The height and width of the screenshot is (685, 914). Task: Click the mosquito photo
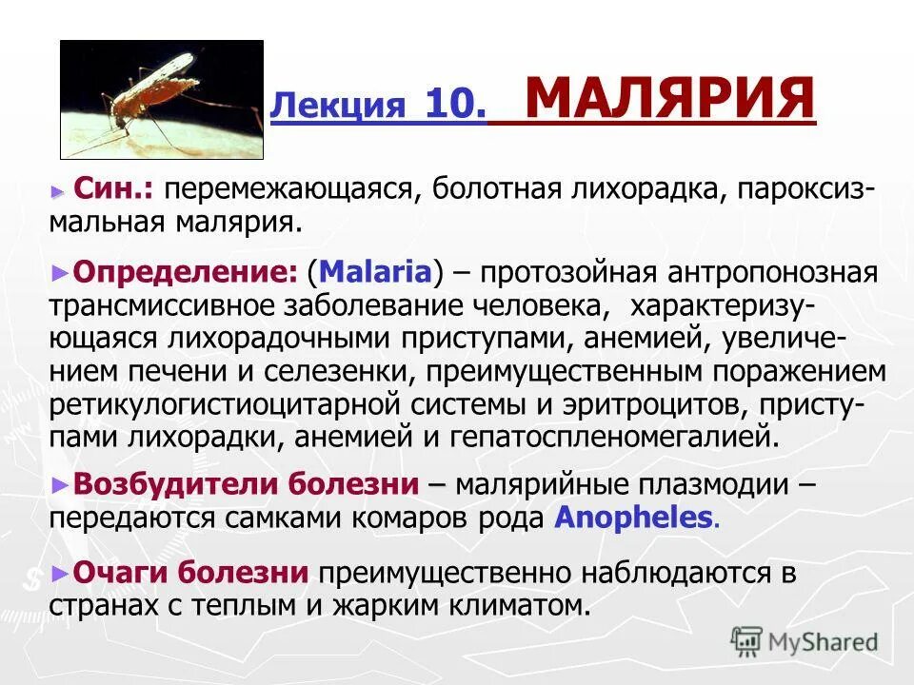click(x=162, y=99)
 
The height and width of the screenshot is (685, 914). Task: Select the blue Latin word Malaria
click(x=376, y=273)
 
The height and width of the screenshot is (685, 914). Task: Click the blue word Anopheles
click(x=633, y=518)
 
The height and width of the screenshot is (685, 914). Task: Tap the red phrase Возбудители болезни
click(x=246, y=484)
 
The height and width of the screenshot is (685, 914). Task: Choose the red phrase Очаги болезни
click(x=190, y=573)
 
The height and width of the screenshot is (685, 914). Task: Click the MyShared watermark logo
click(x=805, y=641)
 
